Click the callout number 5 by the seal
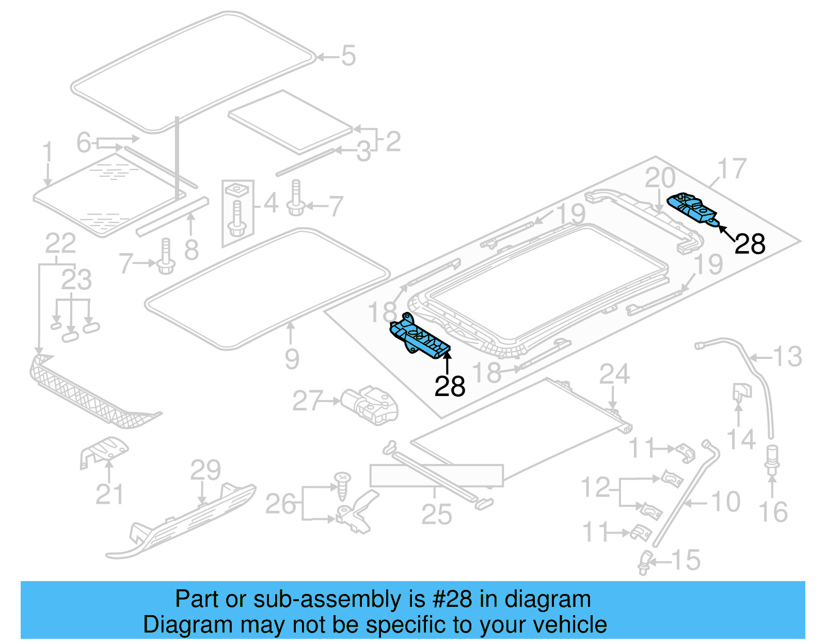click(348, 56)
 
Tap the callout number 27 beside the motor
click(308, 401)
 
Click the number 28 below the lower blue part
click(450, 386)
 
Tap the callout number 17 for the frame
click(732, 169)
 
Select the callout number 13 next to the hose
click(787, 357)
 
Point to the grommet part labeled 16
click(771, 458)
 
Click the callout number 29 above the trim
click(205, 470)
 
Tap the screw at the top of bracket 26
click(342, 485)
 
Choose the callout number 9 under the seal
click(292, 359)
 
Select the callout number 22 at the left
click(60, 243)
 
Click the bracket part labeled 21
click(105, 451)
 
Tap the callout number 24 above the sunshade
click(614, 374)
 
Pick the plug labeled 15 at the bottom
click(645, 562)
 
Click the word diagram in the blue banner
click(547, 599)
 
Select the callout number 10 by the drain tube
click(725, 502)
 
